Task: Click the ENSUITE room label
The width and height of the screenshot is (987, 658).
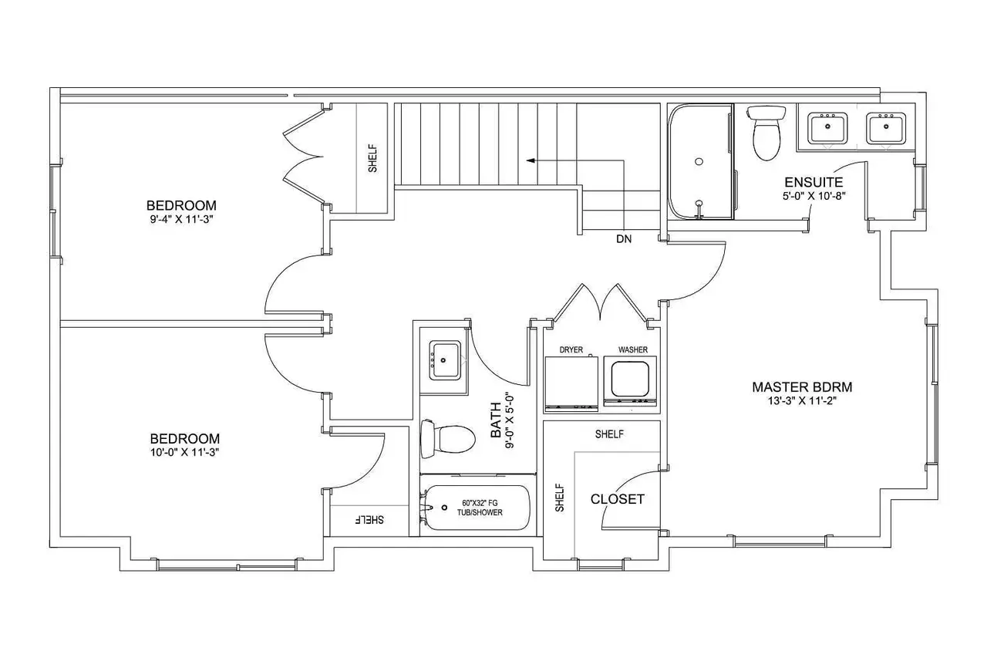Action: pos(814,182)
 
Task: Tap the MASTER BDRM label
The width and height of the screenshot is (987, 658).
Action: pos(802,387)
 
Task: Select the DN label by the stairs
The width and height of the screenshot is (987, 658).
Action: pos(624,239)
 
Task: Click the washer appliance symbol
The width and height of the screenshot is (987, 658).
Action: pos(630,381)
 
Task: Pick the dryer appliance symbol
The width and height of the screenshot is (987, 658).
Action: pos(571,383)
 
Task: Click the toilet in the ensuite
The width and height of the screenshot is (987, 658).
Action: pos(766,131)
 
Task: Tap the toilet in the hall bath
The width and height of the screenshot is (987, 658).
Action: pos(448,439)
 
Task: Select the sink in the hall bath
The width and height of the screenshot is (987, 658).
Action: pos(445,360)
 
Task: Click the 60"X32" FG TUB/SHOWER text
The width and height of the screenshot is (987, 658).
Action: pos(480,508)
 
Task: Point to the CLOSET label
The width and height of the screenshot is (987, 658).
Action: pos(618,499)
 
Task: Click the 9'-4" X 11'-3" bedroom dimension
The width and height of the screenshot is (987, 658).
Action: pos(181,219)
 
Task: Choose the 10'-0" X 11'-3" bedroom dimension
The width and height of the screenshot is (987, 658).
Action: pos(184,452)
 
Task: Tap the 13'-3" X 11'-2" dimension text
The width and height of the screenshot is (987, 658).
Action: pos(802,401)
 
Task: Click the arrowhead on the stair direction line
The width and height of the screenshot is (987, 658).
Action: pos(531,160)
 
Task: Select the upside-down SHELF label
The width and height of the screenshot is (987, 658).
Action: pos(369,520)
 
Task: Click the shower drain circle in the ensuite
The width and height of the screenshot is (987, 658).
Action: pos(699,162)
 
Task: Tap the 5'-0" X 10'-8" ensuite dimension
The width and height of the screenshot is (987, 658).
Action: pos(814,196)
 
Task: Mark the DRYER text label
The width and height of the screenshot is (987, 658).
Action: pos(571,350)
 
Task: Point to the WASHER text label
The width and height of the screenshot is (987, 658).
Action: pos(633,350)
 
